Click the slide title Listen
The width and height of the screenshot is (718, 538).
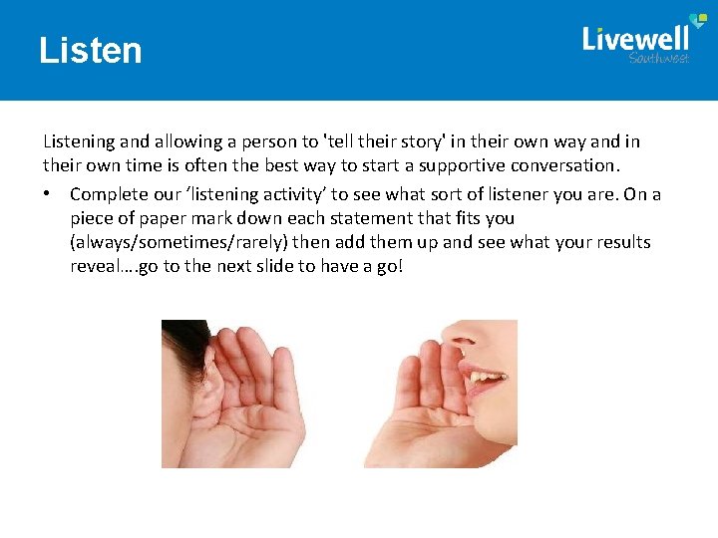click(91, 50)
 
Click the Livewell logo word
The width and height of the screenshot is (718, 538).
click(635, 39)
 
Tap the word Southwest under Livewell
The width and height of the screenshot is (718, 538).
click(658, 59)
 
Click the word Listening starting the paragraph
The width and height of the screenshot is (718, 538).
click(78, 141)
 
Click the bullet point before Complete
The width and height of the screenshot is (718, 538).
click(47, 194)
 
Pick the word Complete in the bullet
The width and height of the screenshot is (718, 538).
click(105, 194)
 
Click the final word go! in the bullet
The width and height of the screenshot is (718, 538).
click(387, 266)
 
